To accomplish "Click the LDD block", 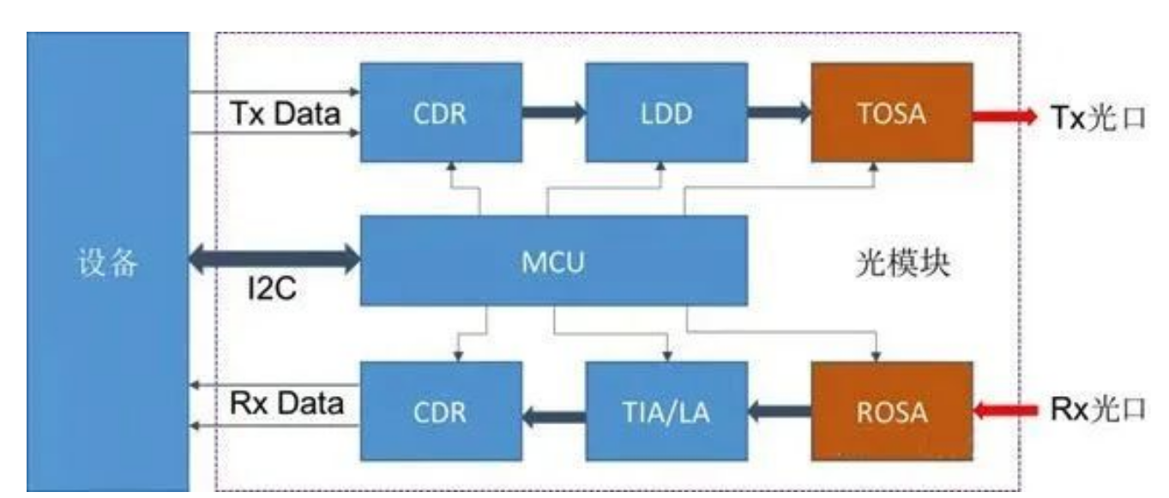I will point(666,112).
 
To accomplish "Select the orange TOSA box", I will point(892,112).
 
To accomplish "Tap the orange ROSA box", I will point(892,412).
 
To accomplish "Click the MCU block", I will point(553,261).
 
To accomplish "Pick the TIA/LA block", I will point(666,412).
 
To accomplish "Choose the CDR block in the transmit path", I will point(441,112).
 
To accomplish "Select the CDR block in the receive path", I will point(441,412).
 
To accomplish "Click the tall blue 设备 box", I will point(107,261).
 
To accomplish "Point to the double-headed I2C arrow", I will point(274,260).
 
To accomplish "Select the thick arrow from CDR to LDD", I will point(554,111).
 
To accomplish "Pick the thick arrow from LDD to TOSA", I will point(779,111).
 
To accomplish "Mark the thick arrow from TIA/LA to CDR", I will point(554,418).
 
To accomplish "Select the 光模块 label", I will point(903,263).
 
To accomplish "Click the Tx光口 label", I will point(1099,117).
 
